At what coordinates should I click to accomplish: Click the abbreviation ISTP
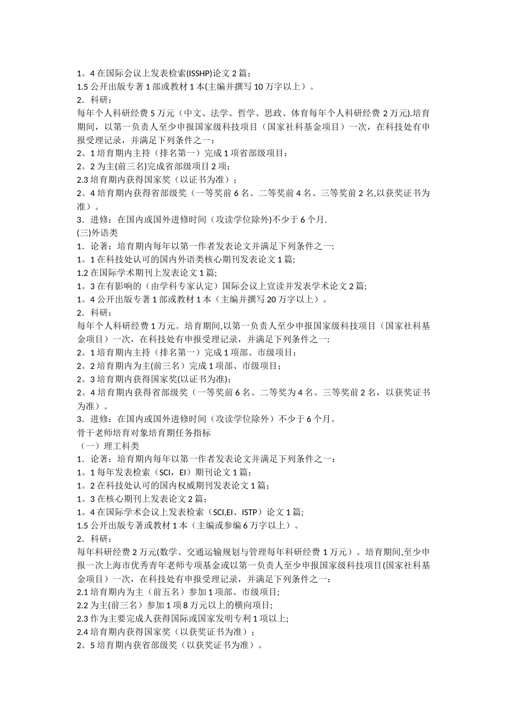click(251, 512)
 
